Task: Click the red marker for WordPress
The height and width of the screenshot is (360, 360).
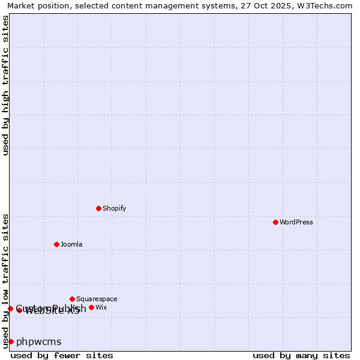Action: pos(275,222)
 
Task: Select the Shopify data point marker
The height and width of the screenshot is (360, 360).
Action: pos(98,208)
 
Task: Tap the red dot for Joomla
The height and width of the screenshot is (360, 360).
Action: pos(56,244)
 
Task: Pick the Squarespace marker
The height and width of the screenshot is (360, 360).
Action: pos(72,299)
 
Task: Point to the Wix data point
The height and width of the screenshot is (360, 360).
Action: pos(91,307)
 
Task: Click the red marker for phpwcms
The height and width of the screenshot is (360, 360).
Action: pos(11,341)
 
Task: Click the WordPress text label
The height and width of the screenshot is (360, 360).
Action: pos(296,222)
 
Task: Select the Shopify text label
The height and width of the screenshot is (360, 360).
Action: pos(114,208)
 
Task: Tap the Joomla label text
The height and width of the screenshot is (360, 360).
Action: pos(71,244)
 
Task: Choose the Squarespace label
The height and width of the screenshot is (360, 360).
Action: pos(97,299)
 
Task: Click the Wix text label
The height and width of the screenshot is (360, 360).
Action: pos(101,307)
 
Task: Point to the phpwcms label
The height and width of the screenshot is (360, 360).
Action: pos(39,342)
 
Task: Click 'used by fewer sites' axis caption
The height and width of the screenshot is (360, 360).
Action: pos(62,355)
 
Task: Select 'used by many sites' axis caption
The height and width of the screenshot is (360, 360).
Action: pos(301,355)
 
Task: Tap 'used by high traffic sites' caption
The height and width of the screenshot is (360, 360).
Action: pos(5,85)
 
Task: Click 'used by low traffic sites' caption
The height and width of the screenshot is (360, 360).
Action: pos(5,280)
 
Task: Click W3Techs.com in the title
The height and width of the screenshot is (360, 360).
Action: pos(325,6)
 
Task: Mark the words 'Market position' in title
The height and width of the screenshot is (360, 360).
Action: pos(35,6)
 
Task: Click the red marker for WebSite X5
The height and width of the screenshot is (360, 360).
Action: pos(19,310)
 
